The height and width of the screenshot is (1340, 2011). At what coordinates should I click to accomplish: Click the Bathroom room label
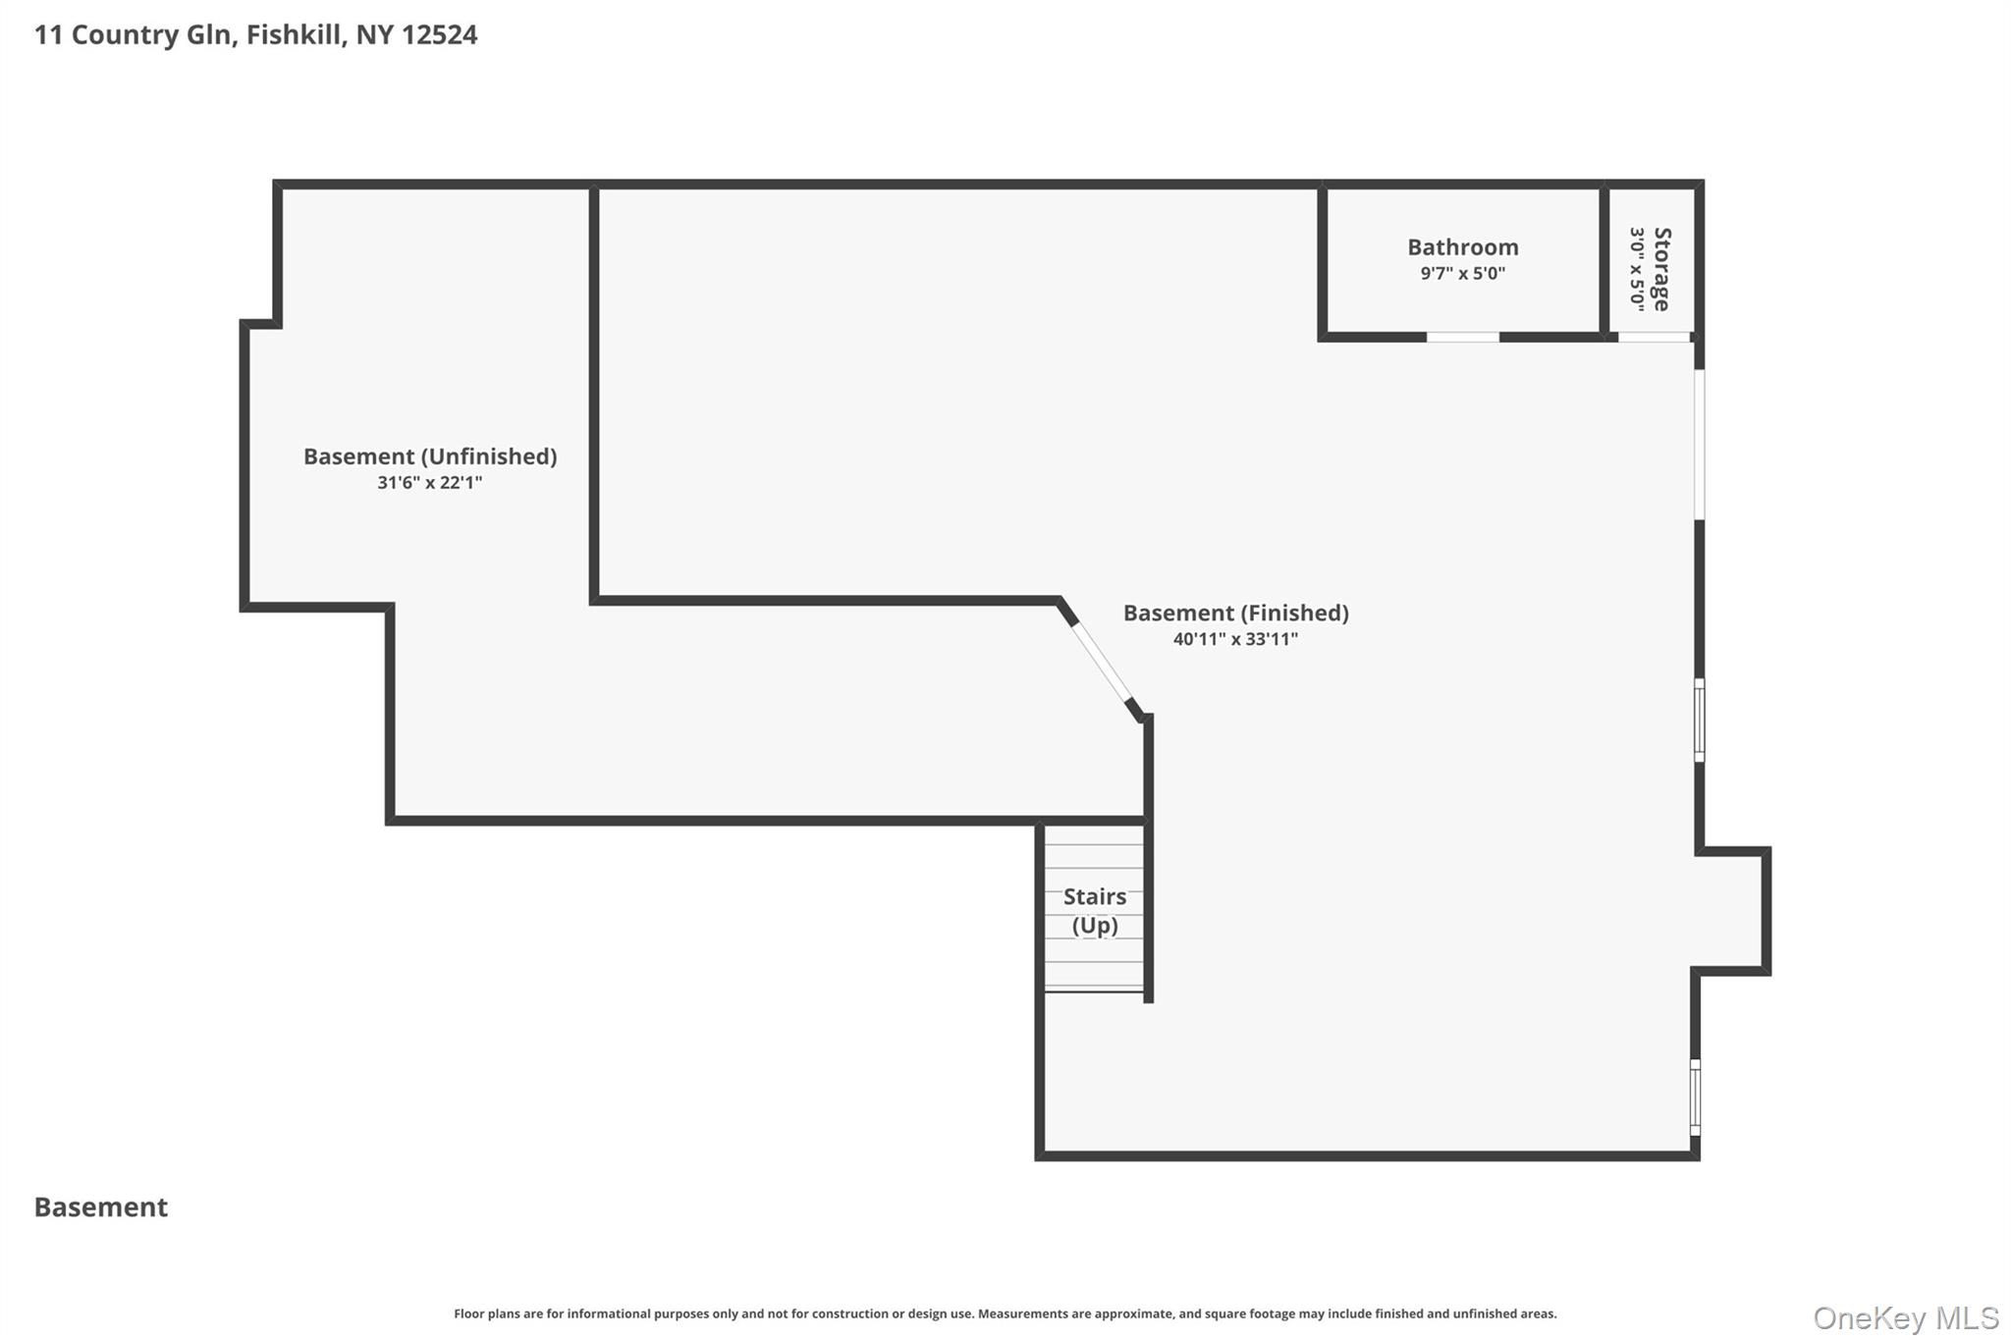tap(1462, 247)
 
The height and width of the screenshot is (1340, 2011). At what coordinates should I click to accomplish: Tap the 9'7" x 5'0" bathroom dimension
tap(1462, 274)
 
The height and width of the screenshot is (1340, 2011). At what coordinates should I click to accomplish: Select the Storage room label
tap(1661, 269)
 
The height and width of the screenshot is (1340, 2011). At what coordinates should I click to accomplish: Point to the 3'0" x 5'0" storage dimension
tap(1637, 269)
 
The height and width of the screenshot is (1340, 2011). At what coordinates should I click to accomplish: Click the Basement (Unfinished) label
tap(430, 456)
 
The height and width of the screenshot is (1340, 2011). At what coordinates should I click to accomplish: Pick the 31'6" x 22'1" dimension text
tap(430, 483)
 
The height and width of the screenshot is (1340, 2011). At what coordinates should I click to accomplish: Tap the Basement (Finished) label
tap(1235, 614)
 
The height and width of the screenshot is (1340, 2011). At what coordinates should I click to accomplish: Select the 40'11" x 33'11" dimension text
tap(1235, 639)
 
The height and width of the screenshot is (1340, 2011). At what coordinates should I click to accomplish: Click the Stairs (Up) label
tap(1095, 911)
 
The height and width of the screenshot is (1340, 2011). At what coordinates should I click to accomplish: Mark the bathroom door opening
tap(1462, 337)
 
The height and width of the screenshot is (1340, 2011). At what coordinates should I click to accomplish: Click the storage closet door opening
tap(1654, 337)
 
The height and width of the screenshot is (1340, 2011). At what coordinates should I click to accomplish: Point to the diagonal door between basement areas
tap(1101, 662)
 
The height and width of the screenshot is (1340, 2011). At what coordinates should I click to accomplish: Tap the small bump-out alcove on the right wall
tap(1734, 911)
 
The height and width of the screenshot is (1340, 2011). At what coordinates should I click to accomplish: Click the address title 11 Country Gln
tap(135, 35)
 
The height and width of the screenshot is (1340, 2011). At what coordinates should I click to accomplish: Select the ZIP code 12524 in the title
tap(439, 35)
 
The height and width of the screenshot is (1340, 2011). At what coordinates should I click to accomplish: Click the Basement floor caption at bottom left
tap(101, 1207)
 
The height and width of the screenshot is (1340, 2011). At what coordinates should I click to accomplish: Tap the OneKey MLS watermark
tap(1906, 1317)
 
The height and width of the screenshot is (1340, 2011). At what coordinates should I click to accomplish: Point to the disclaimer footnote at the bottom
tap(1005, 1313)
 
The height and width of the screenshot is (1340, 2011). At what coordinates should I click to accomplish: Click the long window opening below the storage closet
tap(1700, 445)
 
